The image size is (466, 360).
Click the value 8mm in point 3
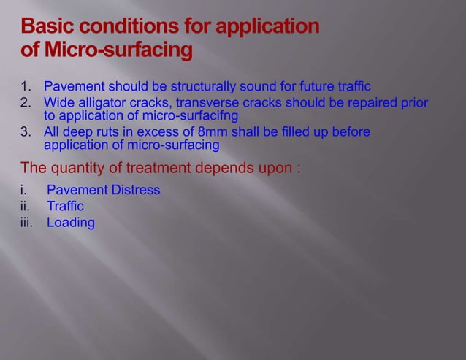(213, 132)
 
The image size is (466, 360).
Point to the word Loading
(71, 223)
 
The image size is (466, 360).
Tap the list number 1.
(26, 87)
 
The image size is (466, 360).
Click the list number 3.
(26, 132)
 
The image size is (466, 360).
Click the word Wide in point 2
(58, 102)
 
